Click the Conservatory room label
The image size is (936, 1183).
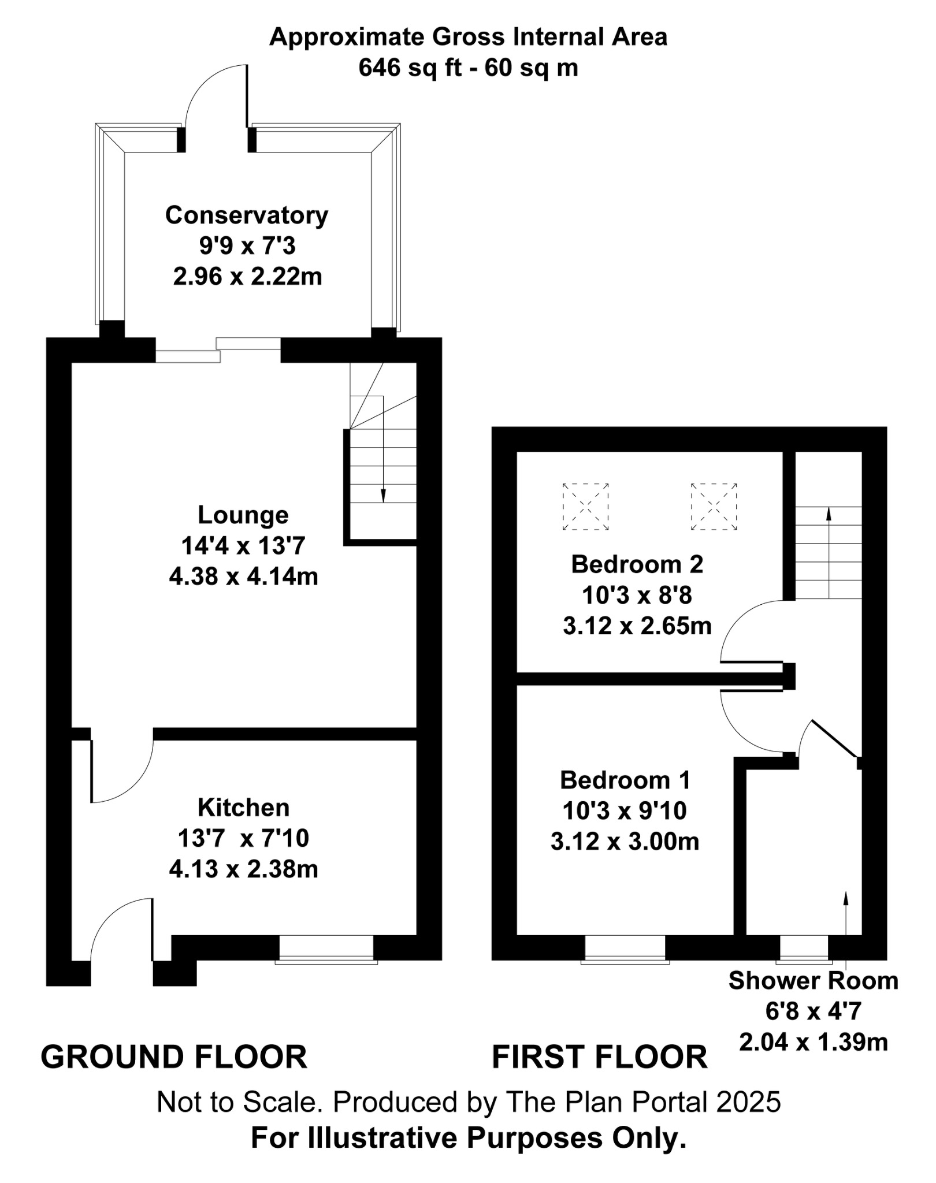click(247, 215)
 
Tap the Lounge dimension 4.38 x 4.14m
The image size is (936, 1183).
click(243, 576)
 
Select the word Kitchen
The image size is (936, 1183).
click(243, 808)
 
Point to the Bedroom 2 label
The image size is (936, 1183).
click(637, 564)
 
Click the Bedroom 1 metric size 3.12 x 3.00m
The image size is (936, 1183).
click(625, 842)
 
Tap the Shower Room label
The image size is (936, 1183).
click(813, 981)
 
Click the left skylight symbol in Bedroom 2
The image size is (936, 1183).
click(585, 507)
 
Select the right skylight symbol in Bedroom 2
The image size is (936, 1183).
click(714, 507)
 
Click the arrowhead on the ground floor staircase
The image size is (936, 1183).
click(383, 496)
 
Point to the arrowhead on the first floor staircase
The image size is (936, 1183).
click(829, 514)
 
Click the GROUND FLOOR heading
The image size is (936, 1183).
click(174, 1057)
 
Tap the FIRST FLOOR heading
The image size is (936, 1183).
click(599, 1057)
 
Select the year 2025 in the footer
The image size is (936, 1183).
click(748, 1102)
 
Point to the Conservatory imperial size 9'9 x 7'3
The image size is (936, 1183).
click(247, 247)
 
